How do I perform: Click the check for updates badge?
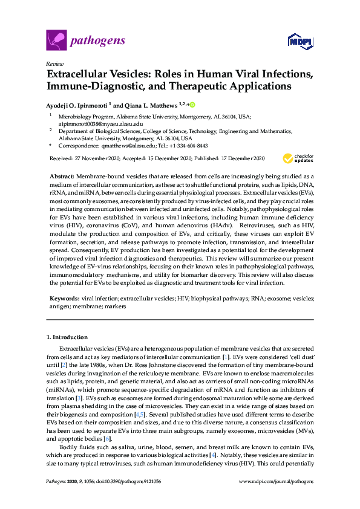(298, 158)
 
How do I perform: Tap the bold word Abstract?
(61, 174)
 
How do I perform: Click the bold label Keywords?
(64, 299)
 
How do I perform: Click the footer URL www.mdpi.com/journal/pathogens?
(277, 497)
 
